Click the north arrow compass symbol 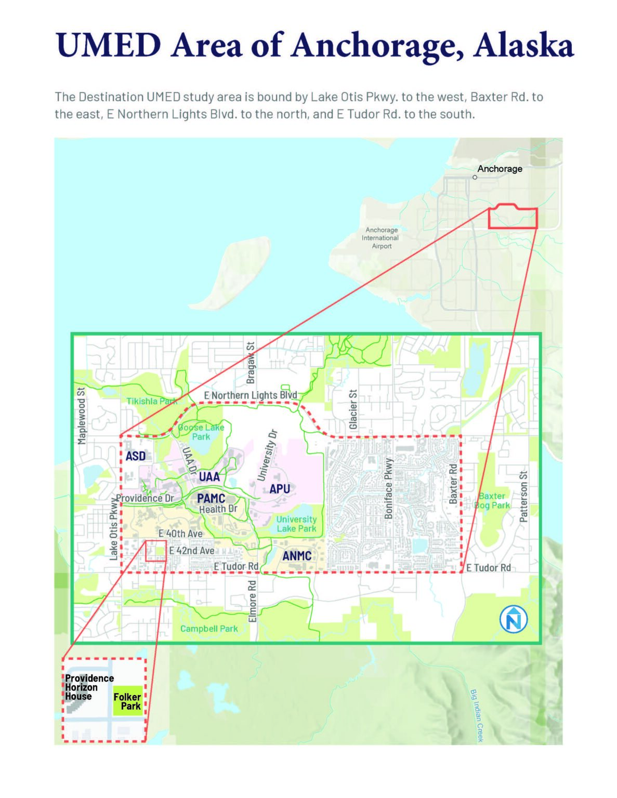tap(514, 619)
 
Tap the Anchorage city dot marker tap(475, 177)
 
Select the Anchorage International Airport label tap(381, 238)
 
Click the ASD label tap(136, 456)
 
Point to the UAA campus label tap(209, 476)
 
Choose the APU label tap(280, 489)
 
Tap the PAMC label tap(211, 498)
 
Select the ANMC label tap(297, 556)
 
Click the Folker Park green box tap(127, 701)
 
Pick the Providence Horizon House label tap(88, 687)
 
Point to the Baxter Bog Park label tap(492, 500)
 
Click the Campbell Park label tap(209, 629)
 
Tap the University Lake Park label tap(296, 524)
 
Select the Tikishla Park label tap(152, 401)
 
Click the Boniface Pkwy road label tap(388, 488)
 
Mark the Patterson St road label tap(523, 497)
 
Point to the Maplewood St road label tap(81, 416)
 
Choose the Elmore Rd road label tap(253, 601)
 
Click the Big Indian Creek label tap(477, 715)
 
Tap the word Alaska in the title tap(523, 46)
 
